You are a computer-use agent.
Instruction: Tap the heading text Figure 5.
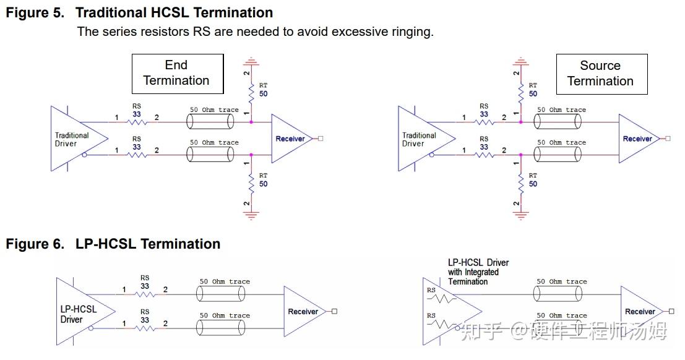[35, 12]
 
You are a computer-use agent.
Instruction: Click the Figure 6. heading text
[35, 244]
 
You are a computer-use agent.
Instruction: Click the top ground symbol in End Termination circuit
[251, 61]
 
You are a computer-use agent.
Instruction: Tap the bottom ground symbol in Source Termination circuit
[520, 215]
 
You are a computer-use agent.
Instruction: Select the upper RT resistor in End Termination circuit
[251, 93]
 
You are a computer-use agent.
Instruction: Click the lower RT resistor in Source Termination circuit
[521, 184]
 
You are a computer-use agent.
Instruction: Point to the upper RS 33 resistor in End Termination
[137, 122]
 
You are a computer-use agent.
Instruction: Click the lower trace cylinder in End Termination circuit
[210, 155]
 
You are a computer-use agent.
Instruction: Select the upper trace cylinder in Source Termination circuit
[558, 122]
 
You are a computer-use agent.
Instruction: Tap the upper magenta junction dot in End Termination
[251, 122]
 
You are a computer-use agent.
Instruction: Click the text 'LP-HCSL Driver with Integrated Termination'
[478, 272]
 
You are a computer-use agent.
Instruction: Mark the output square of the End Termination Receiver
[321, 139]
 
